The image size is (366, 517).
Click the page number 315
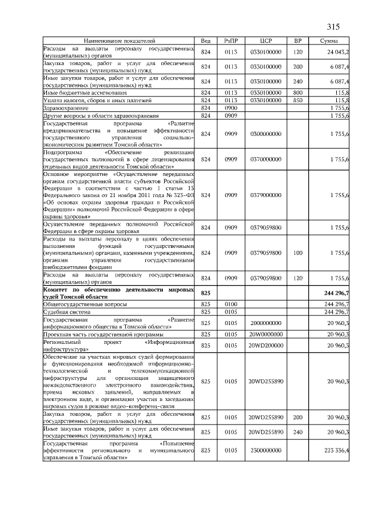(333, 26)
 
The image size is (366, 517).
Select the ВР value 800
(297, 92)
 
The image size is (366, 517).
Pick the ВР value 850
(297, 100)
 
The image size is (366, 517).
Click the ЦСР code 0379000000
(265, 195)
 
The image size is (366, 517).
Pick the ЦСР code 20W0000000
(265, 334)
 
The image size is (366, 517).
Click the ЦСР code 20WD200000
(265, 345)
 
